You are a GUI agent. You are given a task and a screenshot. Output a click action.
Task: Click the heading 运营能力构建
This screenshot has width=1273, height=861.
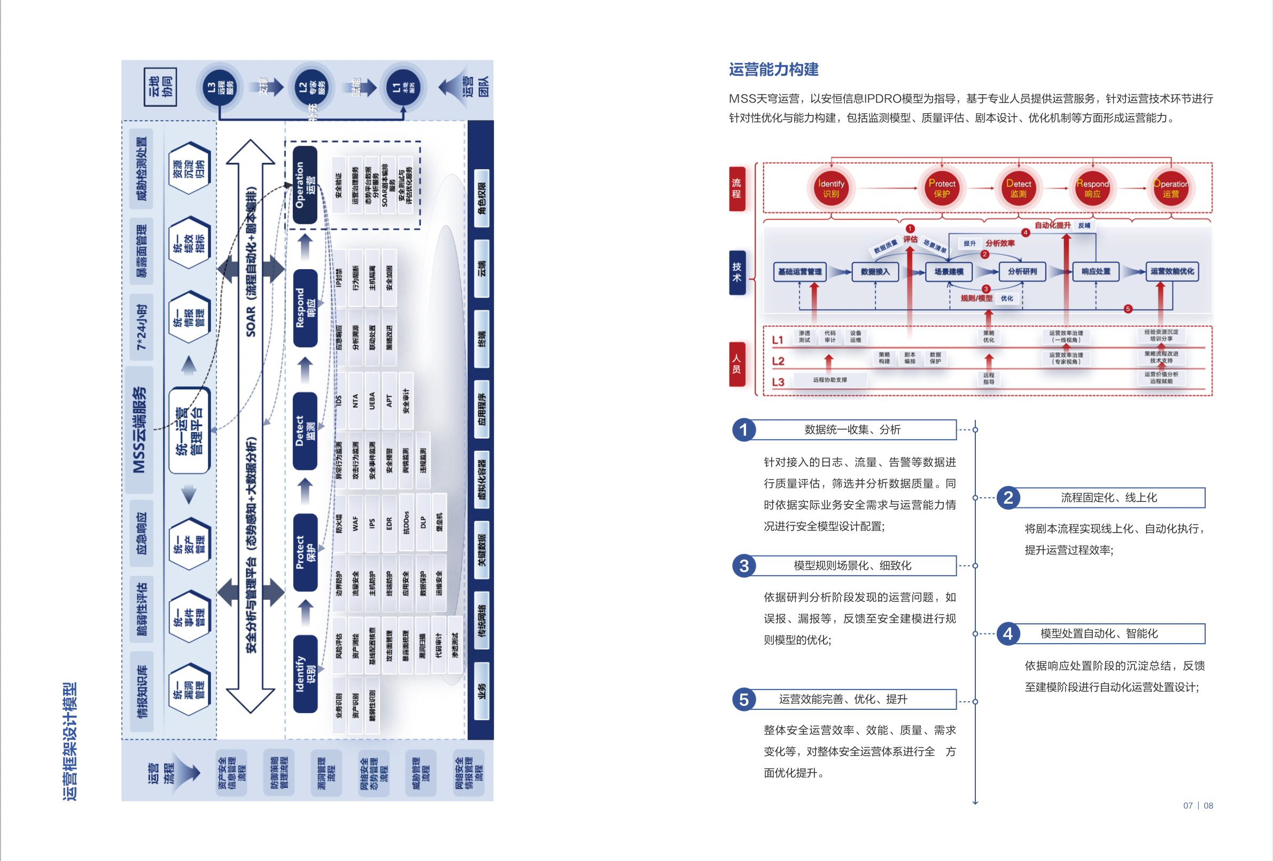773,69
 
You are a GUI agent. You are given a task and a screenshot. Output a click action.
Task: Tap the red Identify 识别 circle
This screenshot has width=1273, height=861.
830,189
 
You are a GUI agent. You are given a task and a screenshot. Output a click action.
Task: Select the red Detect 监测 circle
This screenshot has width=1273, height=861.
1018,189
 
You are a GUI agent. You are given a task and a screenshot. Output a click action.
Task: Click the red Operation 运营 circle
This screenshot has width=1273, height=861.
1170,189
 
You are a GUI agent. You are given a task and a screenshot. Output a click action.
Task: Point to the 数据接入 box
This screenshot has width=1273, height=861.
875,271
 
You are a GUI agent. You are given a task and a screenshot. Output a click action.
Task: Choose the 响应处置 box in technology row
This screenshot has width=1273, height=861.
1096,271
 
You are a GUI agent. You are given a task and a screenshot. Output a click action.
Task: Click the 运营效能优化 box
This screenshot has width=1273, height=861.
1171,271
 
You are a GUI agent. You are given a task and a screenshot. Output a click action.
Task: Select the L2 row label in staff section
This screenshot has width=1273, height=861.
778,361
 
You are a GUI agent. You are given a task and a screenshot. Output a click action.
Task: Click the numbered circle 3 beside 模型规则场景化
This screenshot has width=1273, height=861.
743,566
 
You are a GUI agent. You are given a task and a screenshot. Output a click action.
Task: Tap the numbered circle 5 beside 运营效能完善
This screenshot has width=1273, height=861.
743,699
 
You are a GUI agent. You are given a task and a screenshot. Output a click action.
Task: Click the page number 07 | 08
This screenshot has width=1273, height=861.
1198,805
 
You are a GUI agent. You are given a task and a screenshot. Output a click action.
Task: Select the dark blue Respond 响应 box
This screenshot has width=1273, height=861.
305,308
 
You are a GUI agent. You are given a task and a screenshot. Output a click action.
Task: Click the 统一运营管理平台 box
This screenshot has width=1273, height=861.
189,431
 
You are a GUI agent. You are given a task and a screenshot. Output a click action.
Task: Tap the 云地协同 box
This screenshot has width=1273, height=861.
160,87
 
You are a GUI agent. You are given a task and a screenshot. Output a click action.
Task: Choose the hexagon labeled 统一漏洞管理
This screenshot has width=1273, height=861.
189,689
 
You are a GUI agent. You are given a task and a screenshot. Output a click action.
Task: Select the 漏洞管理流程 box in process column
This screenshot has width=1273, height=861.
327,773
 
